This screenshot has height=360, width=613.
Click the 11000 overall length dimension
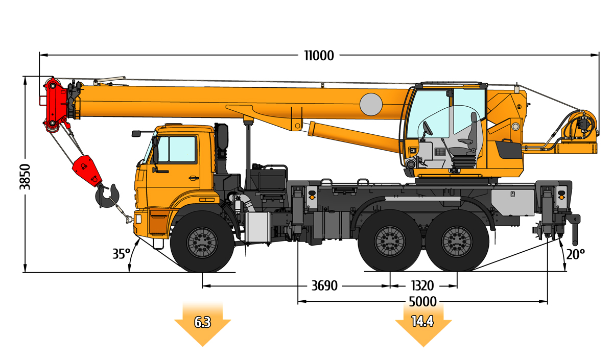319,56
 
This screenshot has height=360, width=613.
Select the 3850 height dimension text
25,177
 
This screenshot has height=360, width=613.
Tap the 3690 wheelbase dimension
324,286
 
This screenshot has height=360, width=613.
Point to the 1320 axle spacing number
422,286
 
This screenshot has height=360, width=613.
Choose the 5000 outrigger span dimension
423,302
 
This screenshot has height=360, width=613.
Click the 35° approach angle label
121,254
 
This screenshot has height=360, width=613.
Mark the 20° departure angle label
575,254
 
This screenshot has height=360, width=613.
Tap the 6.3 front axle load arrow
203,325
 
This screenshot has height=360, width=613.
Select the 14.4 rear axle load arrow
423,325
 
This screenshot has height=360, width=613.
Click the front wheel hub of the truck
202,243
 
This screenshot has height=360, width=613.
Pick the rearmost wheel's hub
457,242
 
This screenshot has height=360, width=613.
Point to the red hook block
87,171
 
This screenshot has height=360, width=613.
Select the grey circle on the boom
371,104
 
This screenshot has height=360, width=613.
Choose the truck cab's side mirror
136,134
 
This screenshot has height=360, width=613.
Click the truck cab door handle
194,178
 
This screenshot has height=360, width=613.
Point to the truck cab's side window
182,149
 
